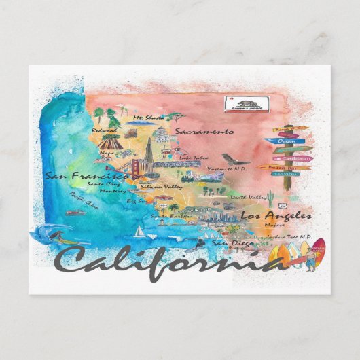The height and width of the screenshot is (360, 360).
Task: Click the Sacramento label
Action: tap(204, 131)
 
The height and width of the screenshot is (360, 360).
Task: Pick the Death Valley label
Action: tap(247, 197)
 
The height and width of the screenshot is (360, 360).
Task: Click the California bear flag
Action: tap(247, 104)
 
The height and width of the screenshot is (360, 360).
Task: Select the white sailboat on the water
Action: tap(139, 231)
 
